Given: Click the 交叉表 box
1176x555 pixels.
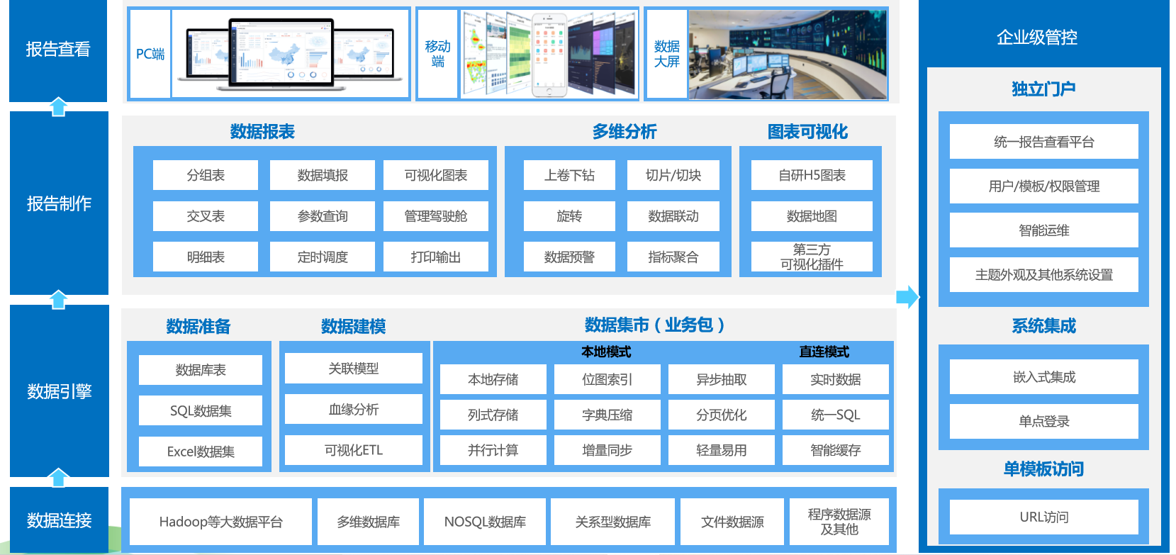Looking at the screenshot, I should click(x=206, y=216).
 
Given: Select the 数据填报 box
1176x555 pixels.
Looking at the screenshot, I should click(x=323, y=175).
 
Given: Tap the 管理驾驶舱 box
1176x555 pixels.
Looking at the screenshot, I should click(x=435, y=216).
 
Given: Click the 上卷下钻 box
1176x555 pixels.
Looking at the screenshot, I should click(x=569, y=175).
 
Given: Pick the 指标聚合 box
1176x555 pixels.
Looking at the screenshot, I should click(x=673, y=257).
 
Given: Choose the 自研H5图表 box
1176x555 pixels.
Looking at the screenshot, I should click(x=812, y=175).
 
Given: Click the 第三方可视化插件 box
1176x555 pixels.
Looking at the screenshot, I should click(x=812, y=257).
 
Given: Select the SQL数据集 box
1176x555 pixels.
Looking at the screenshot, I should click(x=201, y=411).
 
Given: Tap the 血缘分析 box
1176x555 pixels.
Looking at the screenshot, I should click(x=353, y=410).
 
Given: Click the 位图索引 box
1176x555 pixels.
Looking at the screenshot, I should click(x=607, y=380).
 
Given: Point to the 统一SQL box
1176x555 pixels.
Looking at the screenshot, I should click(x=835, y=415).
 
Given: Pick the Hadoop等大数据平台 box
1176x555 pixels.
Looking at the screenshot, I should click(x=220, y=522).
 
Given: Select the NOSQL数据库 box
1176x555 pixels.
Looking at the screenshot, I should click(x=485, y=522).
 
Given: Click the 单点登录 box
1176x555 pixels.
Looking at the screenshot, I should click(x=1043, y=422).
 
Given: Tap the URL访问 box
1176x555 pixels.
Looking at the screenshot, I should click(x=1043, y=517).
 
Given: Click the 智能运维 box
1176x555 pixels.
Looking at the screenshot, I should click(x=1043, y=230).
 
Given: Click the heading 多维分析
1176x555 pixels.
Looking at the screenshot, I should click(x=624, y=132).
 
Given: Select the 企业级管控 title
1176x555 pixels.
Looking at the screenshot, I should click(x=1036, y=38).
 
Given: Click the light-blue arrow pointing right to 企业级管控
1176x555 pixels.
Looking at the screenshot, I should click(x=907, y=297).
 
